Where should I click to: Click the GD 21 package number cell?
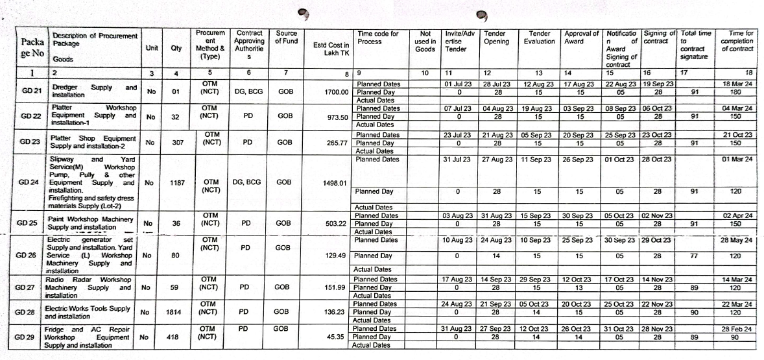(x=25, y=91)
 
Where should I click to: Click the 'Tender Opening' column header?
(x=497, y=37)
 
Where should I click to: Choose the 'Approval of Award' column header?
(x=582, y=37)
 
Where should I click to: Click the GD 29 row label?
(x=24, y=337)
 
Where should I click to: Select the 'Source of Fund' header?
(x=286, y=37)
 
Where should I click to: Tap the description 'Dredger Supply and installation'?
(x=94, y=91)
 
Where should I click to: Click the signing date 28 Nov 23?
(x=659, y=329)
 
